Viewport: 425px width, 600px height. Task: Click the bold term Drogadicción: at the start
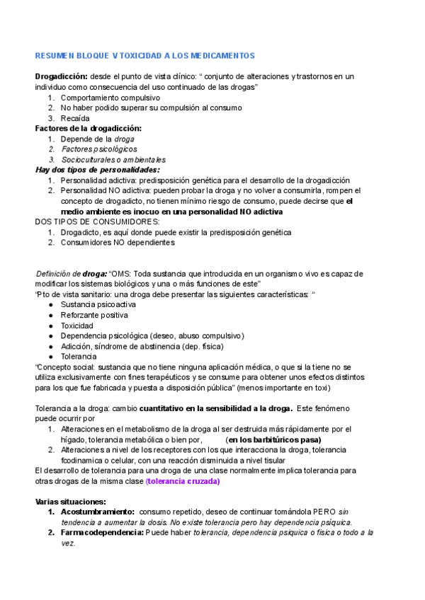[x=62, y=76]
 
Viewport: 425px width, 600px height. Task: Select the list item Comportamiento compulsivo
[x=110, y=98]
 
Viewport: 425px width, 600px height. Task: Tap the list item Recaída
[x=75, y=118]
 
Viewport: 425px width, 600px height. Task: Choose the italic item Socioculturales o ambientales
[x=113, y=160]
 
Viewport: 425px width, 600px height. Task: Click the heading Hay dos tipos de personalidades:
[x=98, y=170]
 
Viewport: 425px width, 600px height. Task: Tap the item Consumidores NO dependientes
[x=117, y=242]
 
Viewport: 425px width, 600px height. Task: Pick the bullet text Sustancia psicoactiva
[x=98, y=304]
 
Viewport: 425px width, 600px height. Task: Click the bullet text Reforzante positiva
[x=94, y=315]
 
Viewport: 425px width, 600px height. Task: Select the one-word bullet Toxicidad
[x=76, y=325]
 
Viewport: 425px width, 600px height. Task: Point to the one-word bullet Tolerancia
[x=79, y=356]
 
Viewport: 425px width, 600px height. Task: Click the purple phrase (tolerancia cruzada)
[x=183, y=481]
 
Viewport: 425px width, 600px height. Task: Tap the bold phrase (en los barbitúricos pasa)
[x=268, y=439]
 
